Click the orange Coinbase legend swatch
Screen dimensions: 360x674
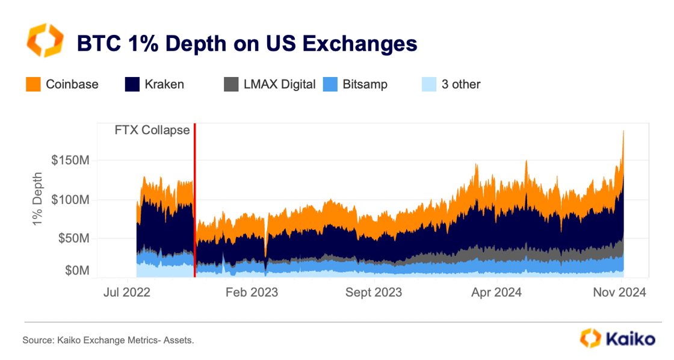coord(33,84)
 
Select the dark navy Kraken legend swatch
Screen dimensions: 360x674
coord(132,84)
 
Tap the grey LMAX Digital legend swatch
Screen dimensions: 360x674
coord(231,84)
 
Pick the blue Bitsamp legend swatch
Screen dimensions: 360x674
coord(330,84)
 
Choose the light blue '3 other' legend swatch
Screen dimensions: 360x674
coord(429,84)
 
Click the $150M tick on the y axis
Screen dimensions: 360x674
coord(72,161)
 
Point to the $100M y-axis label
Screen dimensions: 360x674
coord(72,200)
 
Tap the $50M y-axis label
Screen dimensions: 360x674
coord(74,238)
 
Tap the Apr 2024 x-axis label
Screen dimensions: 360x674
coord(496,293)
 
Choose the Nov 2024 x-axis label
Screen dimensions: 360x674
coord(620,293)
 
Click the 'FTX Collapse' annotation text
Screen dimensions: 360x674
coord(152,130)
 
